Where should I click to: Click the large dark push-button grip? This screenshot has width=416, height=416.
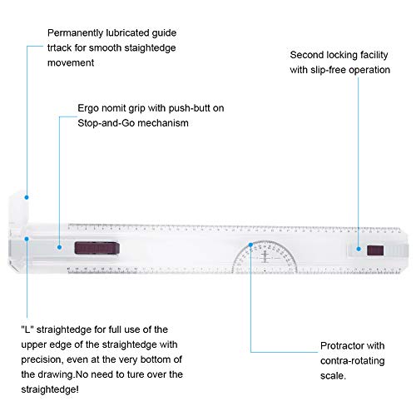[x=97, y=248]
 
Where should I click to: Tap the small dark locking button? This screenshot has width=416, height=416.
[x=375, y=250]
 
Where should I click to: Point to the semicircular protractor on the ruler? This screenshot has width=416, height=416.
[x=265, y=257]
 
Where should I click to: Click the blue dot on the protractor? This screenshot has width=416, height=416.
[x=250, y=245]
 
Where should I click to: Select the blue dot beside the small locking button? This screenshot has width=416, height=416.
[x=359, y=249]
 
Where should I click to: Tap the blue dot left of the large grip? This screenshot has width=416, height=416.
[x=59, y=247]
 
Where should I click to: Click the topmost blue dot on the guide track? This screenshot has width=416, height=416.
[x=27, y=197]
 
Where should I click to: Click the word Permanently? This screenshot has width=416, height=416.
[x=75, y=33]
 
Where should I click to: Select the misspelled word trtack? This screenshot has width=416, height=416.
[x=59, y=48]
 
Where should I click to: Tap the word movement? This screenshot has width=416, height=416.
[x=71, y=63]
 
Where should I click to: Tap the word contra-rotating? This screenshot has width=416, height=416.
[x=352, y=361]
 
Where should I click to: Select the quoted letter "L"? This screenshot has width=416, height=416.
[x=27, y=329]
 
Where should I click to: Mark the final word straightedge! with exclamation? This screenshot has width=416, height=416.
[x=50, y=390]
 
